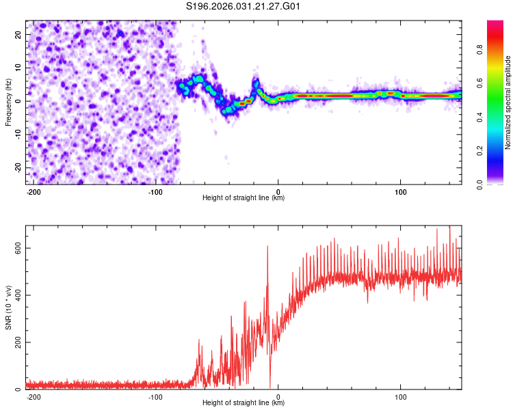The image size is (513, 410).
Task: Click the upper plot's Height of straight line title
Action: (x=244, y=198)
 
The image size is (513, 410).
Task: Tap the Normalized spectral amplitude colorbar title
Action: (x=508, y=102)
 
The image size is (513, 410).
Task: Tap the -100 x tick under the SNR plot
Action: (x=155, y=397)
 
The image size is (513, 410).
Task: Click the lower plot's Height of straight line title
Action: (x=244, y=403)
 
